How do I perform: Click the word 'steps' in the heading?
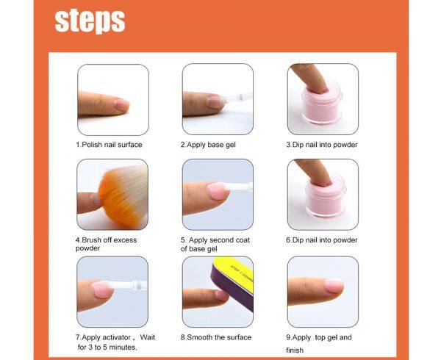(x=90, y=21)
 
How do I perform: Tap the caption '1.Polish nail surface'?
(x=109, y=145)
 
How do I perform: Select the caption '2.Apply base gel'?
(x=208, y=145)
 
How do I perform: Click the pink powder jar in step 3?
(x=322, y=104)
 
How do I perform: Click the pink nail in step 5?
(x=218, y=191)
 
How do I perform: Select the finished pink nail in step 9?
(x=334, y=285)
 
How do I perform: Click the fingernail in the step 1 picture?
(x=122, y=105)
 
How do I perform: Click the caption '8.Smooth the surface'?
(x=216, y=337)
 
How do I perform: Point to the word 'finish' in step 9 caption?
(x=295, y=350)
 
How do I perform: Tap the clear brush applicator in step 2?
(x=237, y=98)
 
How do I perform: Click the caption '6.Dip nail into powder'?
(x=322, y=240)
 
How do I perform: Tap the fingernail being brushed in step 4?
(x=94, y=198)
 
